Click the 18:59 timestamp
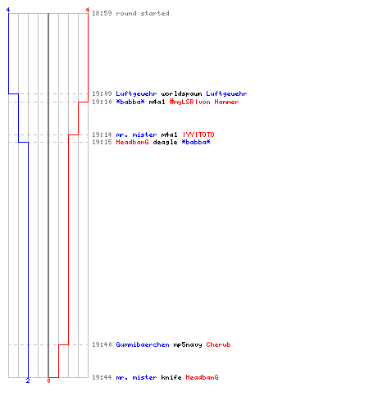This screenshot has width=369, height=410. click(x=102, y=13)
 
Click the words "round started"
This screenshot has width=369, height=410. click(x=143, y=13)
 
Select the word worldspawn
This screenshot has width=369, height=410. click(x=181, y=93)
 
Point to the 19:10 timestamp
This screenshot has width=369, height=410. click(x=102, y=102)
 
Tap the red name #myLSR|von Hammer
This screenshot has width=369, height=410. click(x=204, y=102)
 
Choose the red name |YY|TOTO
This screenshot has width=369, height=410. click(x=198, y=134)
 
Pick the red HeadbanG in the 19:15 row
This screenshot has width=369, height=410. click(x=132, y=142)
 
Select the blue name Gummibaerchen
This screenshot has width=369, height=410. click(x=143, y=344)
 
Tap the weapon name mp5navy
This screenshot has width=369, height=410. click(x=188, y=344)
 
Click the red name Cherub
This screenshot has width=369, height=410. click(x=218, y=344)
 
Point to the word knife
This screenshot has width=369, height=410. click(x=171, y=377)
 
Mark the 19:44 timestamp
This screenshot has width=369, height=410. click(x=102, y=377)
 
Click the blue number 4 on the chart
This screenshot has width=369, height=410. click(x=8, y=10)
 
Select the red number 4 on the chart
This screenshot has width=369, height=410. click(x=88, y=10)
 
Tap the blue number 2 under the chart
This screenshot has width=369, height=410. click(x=28, y=380)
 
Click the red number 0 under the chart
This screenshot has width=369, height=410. click(x=48, y=380)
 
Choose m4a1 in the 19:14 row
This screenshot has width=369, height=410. click(x=169, y=134)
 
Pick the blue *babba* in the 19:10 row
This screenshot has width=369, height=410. click(x=130, y=102)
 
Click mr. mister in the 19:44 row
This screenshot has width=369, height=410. click(x=136, y=377)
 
